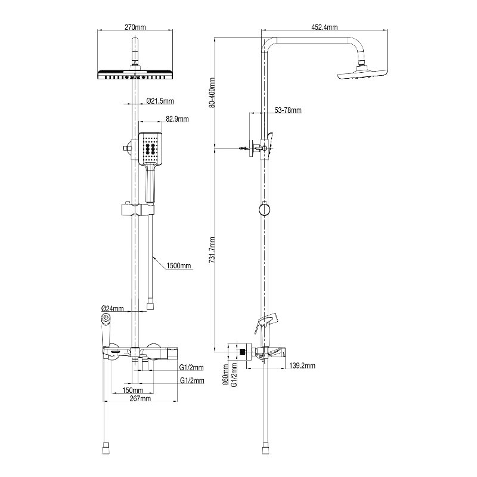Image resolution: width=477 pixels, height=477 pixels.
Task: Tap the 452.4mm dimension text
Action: [x=324, y=27]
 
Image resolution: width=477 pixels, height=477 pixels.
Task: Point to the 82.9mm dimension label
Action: [x=176, y=120]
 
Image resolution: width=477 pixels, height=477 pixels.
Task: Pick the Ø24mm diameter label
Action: [x=113, y=308]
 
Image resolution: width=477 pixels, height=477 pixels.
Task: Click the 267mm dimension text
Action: [x=140, y=399]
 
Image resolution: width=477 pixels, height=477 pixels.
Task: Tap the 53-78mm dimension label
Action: [x=288, y=110]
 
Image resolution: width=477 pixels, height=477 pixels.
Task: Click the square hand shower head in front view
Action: [x=150, y=149]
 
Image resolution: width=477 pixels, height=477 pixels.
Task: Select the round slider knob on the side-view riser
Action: [x=263, y=209]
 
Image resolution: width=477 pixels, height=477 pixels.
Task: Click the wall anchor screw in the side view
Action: [x=244, y=147]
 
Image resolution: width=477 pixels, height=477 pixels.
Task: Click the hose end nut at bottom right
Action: [x=263, y=445]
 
